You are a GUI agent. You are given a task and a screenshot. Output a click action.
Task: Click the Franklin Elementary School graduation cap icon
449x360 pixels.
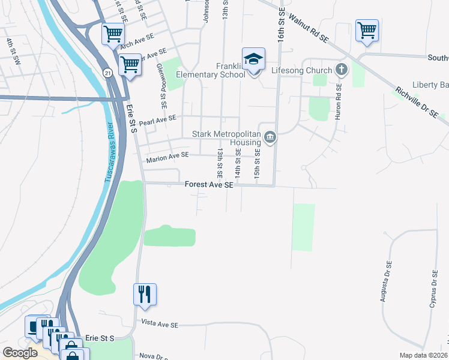pos(254,59)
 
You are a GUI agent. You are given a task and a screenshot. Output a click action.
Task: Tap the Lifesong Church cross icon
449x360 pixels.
pos(342,70)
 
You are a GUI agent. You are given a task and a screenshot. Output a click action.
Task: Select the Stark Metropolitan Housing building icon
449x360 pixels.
pos(270,139)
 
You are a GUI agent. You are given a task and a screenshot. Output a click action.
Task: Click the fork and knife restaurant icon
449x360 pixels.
pos(145,294)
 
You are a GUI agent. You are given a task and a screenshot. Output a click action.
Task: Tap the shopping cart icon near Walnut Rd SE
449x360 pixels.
pos(367,30)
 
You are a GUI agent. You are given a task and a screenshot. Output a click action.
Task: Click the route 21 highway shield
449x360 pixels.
pos(106,72)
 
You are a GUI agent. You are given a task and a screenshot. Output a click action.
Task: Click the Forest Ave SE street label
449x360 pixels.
pos(208,186)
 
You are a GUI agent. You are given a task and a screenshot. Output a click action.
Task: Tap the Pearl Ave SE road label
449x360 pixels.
pos(157,121)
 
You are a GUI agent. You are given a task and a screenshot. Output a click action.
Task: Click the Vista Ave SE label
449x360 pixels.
pos(160,324)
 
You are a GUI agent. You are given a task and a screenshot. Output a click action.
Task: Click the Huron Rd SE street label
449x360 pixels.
pos(339,101)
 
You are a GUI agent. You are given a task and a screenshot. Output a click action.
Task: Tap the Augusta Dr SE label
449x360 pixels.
pos(389,282)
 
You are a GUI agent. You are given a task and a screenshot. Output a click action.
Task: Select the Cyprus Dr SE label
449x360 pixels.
pos(432,289)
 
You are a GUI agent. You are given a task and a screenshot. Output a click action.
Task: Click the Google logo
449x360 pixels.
pos(20,352)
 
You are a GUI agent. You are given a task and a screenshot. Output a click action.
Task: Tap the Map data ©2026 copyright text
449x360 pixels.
pos(423,355)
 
